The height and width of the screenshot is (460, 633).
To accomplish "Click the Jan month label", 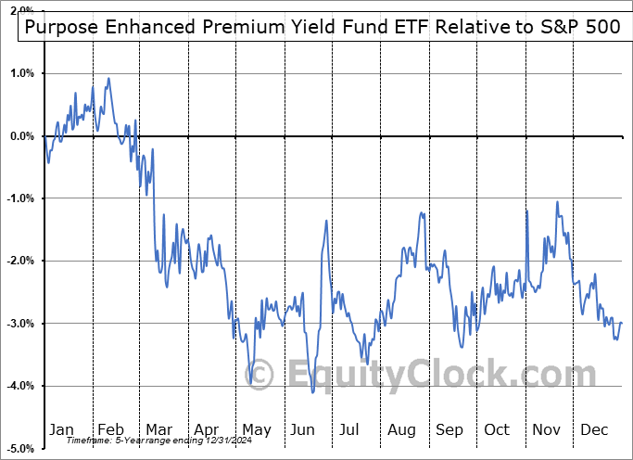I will pos(60,429).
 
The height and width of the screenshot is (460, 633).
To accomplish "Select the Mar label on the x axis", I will pos(158,429).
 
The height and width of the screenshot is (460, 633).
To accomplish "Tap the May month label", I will pos(256,429).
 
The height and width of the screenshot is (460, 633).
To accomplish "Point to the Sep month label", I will pos(449,429).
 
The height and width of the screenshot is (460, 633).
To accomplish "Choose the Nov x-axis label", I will pos(547,429).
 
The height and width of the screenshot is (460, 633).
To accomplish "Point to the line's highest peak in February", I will pos(108,79).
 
